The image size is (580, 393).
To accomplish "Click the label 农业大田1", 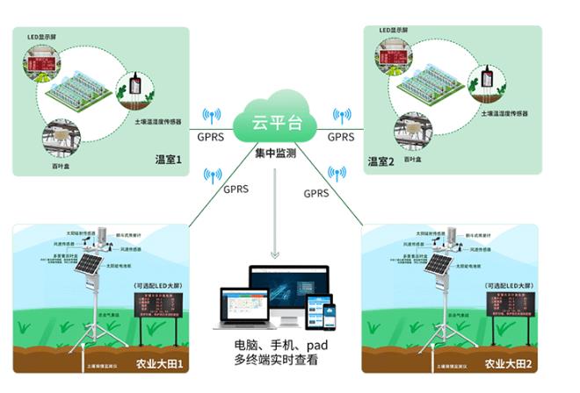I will click(159, 362).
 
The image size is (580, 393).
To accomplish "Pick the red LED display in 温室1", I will click(40, 63).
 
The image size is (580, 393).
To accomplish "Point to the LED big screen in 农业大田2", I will click(508, 309).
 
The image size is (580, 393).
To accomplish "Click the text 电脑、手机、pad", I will click(276, 344).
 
